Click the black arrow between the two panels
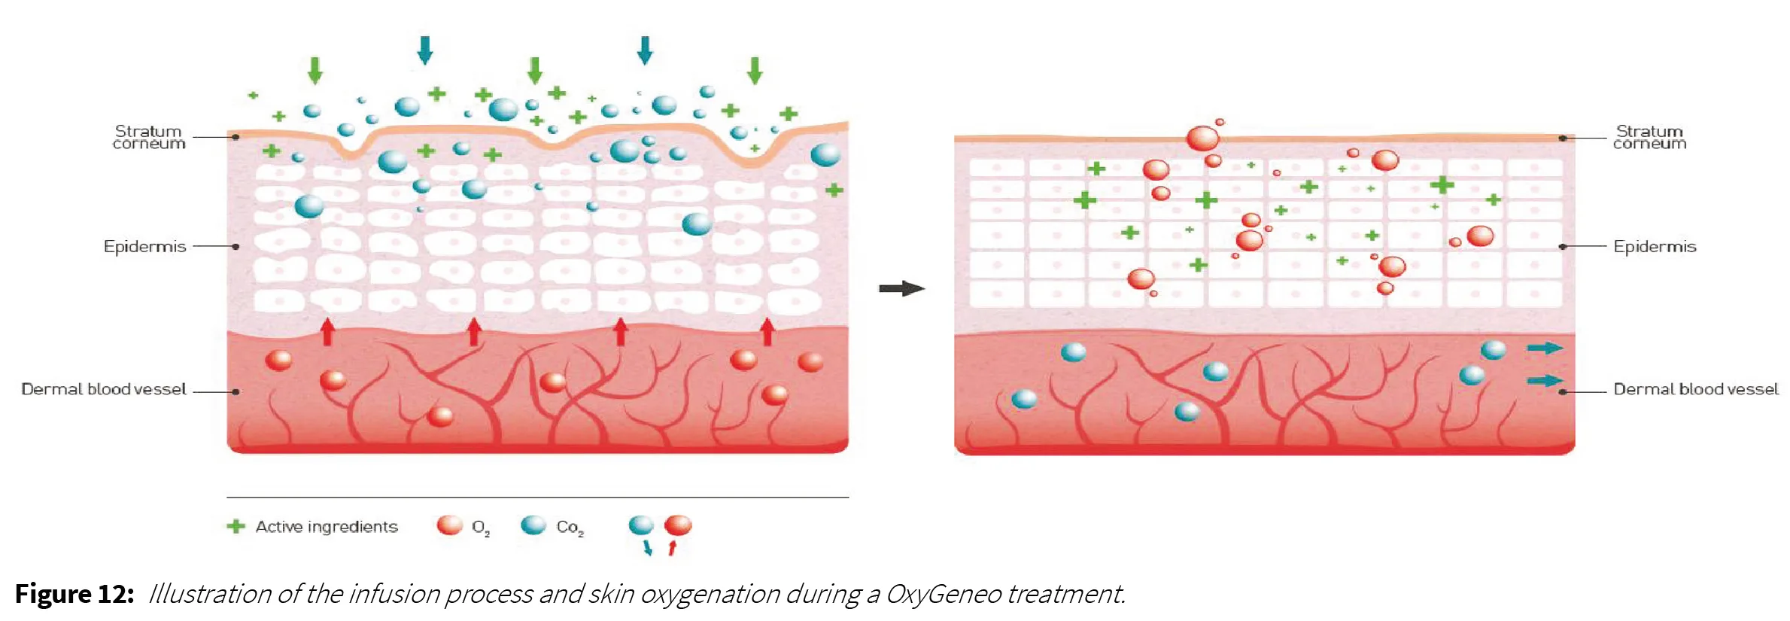click(x=901, y=288)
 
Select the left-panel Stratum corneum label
click(x=149, y=138)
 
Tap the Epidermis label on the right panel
click(x=1655, y=247)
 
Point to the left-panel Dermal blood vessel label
click(x=104, y=389)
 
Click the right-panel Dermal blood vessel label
click(x=1696, y=389)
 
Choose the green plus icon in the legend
click(x=236, y=526)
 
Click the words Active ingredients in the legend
click(x=327, y=527)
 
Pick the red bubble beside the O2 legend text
click(x=450, y=525)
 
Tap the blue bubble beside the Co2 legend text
click(x=533, y=525)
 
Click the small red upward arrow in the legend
click(x=673, y=548)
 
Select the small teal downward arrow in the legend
click(x=647, y=548)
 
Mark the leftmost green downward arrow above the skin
click(x=315, y=70)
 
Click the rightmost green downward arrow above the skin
click(x=755, y=70)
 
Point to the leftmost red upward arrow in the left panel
click(x=327, y=331)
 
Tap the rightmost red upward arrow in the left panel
click(x=767, y=331)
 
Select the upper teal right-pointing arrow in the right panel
click(x=1545, y=348)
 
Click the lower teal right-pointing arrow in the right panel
click(x=1545, y=380)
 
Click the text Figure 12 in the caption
click(x=74, y=594)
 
